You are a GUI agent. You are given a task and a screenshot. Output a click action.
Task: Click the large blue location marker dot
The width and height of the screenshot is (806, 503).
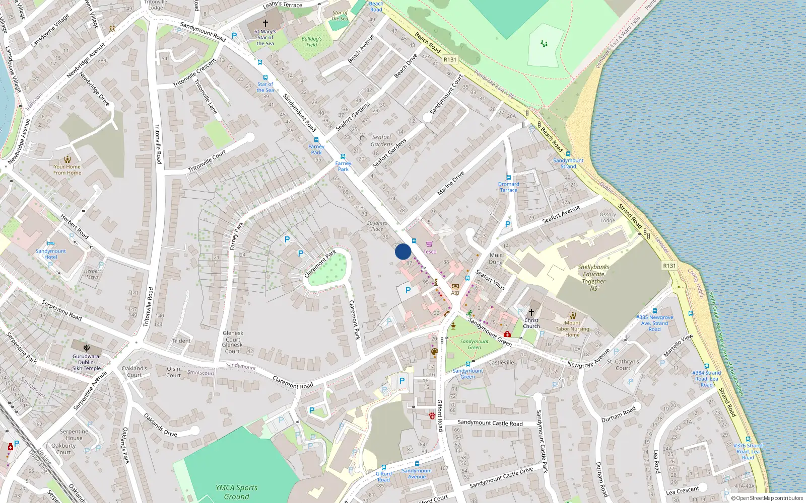[x=403, y=251]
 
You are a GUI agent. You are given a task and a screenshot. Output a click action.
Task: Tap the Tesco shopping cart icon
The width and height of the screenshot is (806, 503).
[x=429, y=244]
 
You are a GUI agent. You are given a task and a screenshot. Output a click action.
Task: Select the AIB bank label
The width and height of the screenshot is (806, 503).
[x=455, y=293]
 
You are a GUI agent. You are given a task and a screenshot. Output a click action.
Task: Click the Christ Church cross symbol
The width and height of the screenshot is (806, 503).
[x=531, y=312]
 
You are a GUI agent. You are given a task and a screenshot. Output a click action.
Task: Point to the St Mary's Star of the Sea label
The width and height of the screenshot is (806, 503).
[x=265, y=37]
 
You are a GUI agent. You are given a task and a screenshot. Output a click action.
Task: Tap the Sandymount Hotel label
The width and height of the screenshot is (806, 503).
[x=50, y=254]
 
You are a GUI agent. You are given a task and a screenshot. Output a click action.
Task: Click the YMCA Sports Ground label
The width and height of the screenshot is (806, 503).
[x=236, y=492]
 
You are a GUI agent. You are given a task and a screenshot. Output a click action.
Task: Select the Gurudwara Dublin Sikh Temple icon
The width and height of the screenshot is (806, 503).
[x=87, y=347]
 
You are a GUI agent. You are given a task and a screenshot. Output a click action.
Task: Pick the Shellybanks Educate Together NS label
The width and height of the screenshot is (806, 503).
[x=593, y=278]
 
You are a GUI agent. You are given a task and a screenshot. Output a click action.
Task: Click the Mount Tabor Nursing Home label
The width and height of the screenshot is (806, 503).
[x=572, y=329]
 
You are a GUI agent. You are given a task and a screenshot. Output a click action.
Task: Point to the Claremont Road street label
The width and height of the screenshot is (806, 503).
[x=293, y=382]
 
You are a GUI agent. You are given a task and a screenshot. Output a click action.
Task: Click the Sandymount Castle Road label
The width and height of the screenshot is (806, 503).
[x=490, y=423]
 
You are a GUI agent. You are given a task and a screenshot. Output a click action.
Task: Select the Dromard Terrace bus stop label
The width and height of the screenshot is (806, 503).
[x=508, y=187]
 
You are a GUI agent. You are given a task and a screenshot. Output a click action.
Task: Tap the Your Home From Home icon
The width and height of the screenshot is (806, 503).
[x=67, y=159]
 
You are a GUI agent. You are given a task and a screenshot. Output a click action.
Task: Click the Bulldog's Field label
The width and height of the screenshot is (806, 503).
[x=312, y=42]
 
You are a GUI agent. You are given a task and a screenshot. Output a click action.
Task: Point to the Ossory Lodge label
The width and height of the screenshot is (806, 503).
[x=608, y=217]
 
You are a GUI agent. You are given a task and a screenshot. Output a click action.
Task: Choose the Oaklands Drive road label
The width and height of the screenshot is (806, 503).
[x=160, y=425]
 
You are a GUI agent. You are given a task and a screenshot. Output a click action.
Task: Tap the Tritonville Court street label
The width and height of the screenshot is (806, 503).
[x=207, y=161]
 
